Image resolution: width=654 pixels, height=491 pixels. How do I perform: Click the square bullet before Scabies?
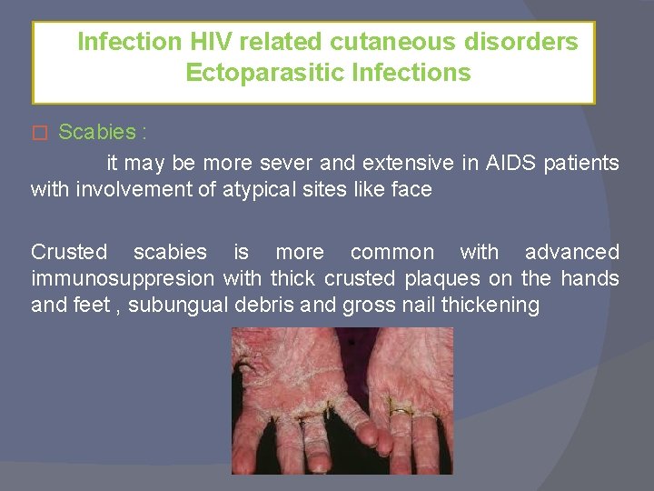(x=37, y=133)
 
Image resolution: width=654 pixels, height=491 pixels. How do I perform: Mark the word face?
(x=411, y=190)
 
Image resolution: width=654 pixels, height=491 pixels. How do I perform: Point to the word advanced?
(x=572, y=252)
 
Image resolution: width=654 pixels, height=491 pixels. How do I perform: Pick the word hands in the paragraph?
(x=590, y=278)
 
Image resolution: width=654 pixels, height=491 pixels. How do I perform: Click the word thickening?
(x=490, y=305)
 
